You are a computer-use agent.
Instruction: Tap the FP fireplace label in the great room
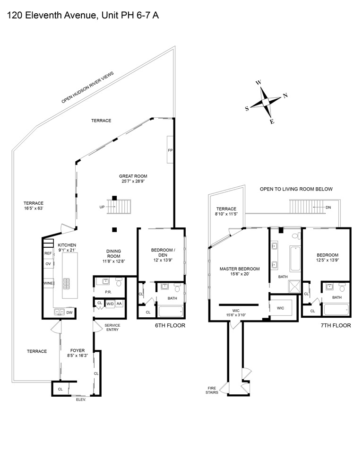(x=170, y=150)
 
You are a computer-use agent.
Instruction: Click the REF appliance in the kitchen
(x=48, y=253)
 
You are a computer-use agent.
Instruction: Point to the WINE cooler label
(x=48, y=283)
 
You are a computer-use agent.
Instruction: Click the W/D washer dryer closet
(x=110, y=304)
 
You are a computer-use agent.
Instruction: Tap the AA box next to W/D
(x=119, y=304)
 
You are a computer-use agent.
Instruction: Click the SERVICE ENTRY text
(x=112, y=327)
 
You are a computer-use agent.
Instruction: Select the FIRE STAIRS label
(x=212, y=390)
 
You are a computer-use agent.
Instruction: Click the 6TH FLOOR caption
(x=170, y=325)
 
